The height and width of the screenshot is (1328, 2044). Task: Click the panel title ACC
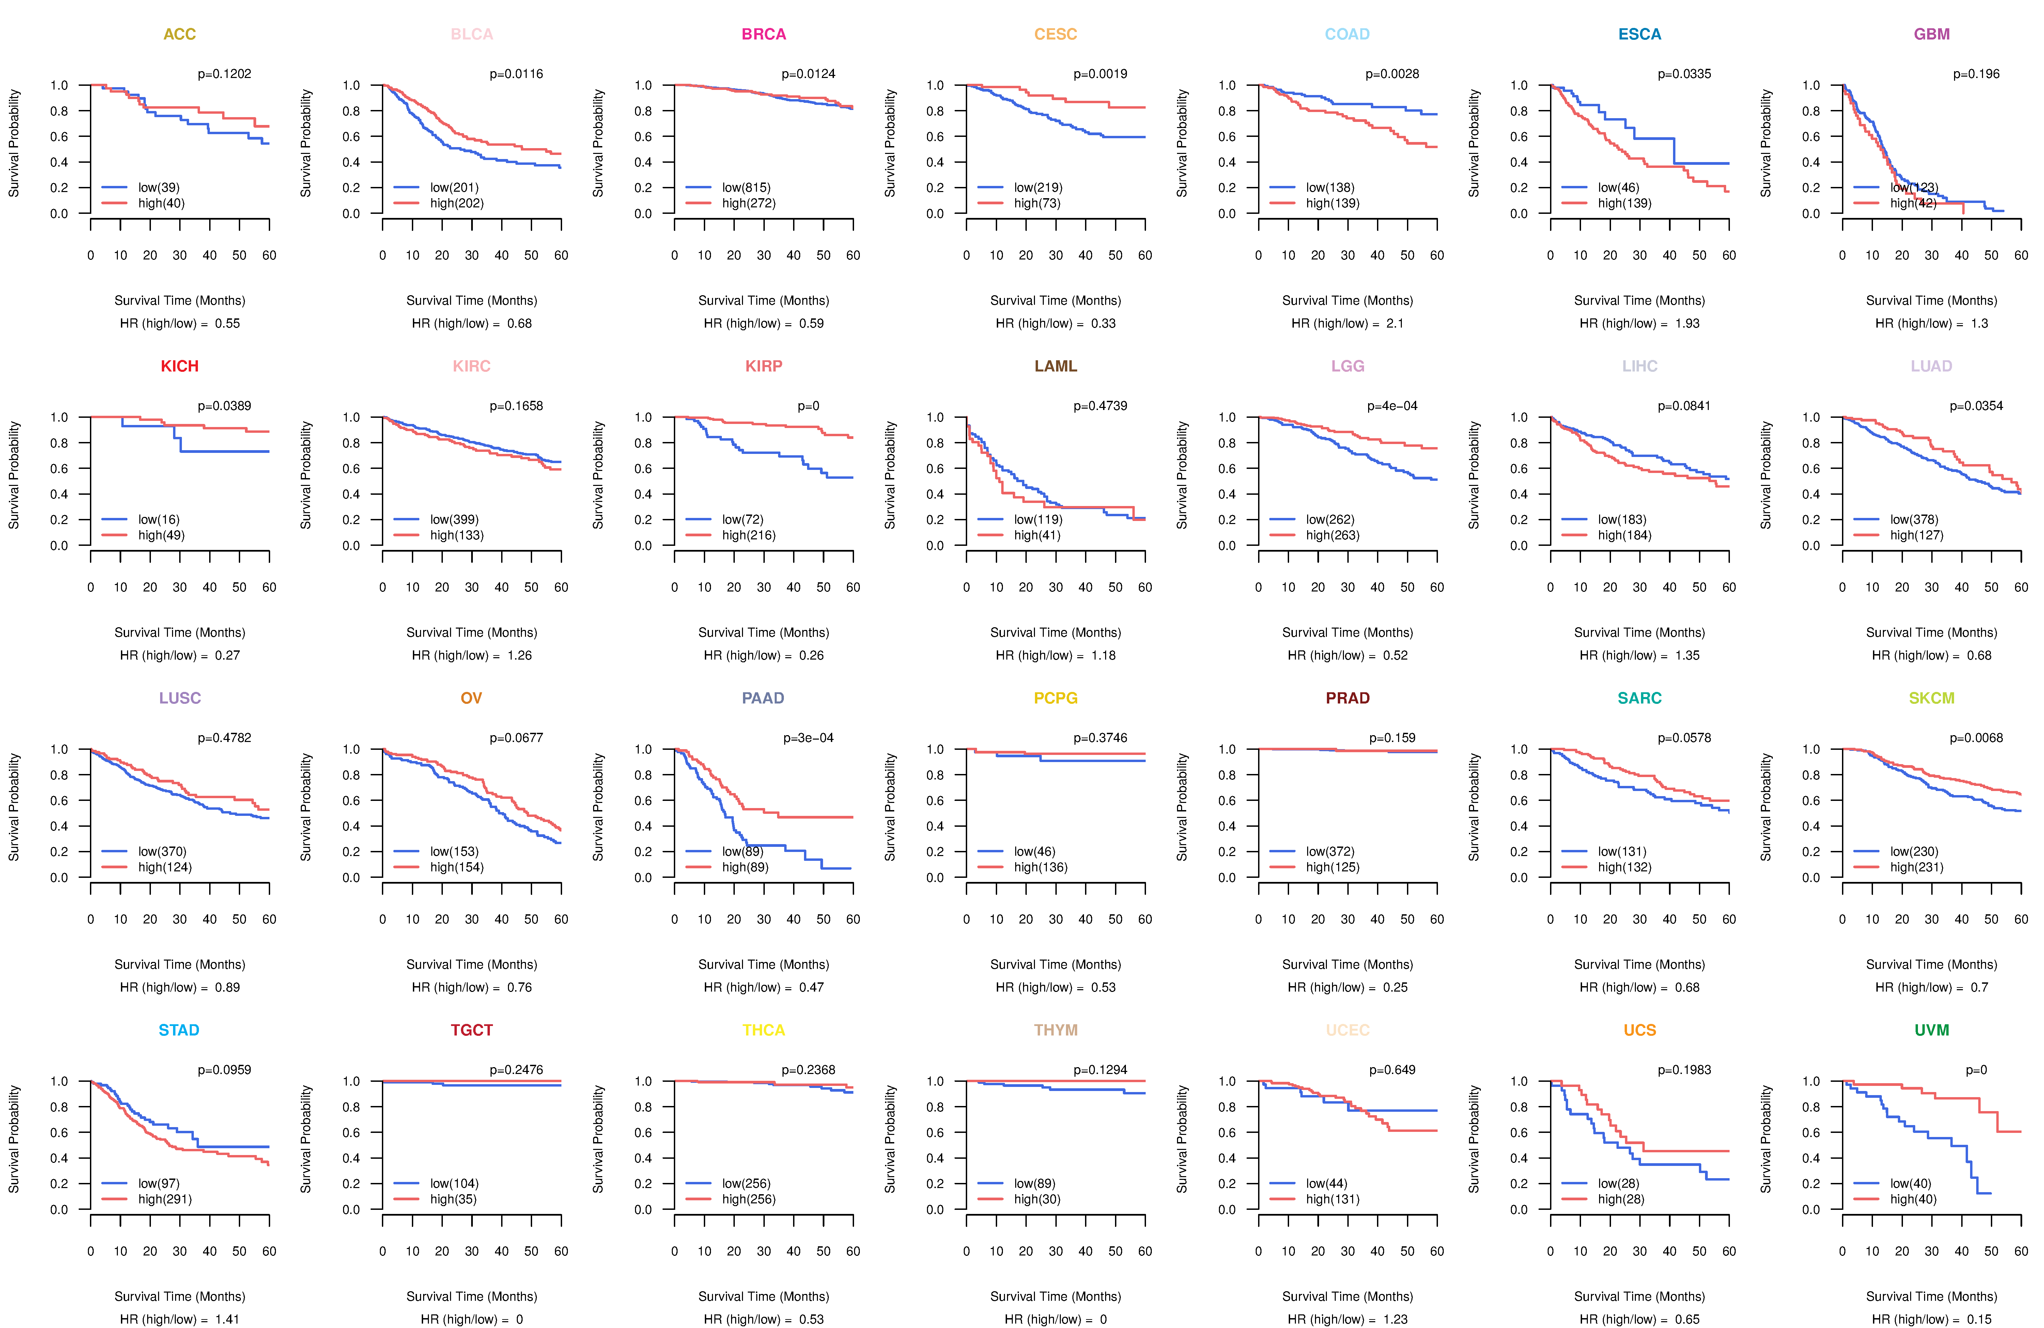point(180,34)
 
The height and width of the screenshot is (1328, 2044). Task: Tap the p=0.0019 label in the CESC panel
point(1100,74)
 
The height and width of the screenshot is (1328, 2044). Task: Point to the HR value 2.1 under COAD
point(1395,323)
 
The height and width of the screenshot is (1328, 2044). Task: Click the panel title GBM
point(1932,34)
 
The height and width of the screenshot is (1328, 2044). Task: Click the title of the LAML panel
point(1055,366)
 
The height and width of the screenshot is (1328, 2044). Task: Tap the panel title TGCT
point(471,1030)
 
